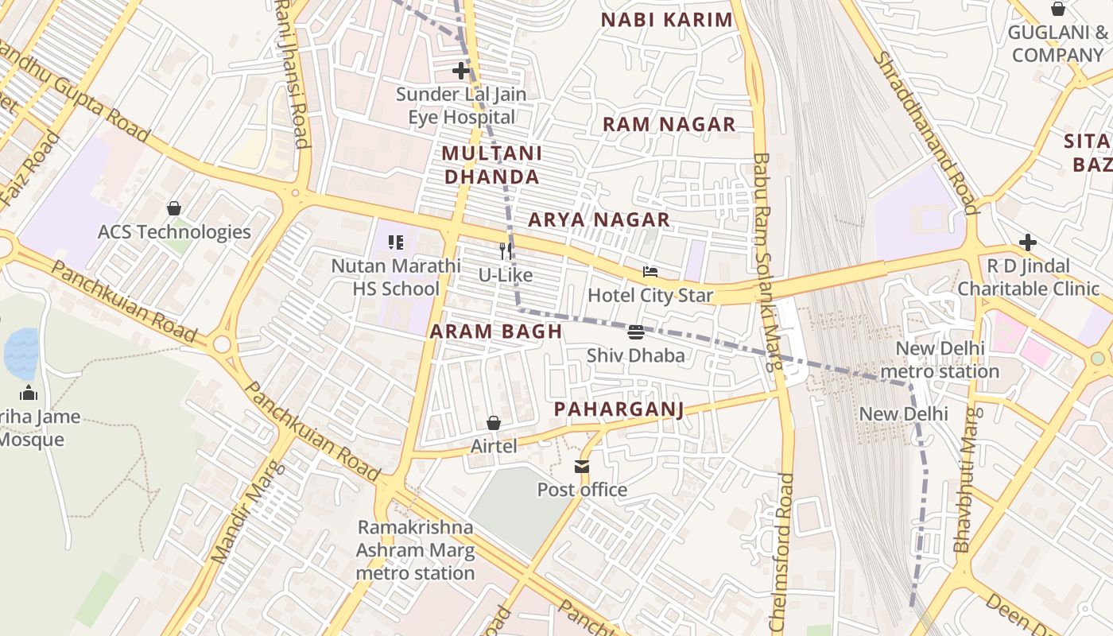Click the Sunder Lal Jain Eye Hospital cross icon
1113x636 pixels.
[x=461, y=71]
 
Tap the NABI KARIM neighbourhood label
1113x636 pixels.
[x=666, y=21]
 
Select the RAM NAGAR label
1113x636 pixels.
[x=669, y=125]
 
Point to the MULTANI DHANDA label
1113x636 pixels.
[x=491, y=165]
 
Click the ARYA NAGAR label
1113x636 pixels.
[x=599, y=220]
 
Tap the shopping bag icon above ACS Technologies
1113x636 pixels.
[x=174, y=208]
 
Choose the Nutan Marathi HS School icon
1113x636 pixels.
[x=395, y=242]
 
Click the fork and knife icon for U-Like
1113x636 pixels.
[x=506, y=251]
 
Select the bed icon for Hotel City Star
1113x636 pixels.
[x=650, y=272]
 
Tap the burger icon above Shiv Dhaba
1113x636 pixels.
[x=635, y=332]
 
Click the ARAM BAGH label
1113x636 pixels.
[x=496, y=332]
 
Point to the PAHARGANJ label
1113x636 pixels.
[x=619, y=409]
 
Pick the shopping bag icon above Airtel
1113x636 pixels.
[x=494, y=423]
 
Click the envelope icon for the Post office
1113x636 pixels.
[x=583, y=467]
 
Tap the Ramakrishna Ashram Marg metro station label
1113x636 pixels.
[x=415, y=550]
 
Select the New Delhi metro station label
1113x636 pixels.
[x=940, y=360]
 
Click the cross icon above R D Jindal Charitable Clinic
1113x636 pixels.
[x=1028, y=242]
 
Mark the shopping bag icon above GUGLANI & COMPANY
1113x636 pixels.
[x=1058, y=9]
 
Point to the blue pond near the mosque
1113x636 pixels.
[x=21, y=354]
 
